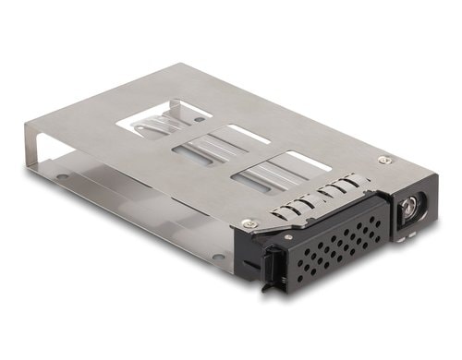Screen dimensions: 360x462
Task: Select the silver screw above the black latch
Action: (x=247, y=222)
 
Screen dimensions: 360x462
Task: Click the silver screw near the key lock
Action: (x=384, y=160)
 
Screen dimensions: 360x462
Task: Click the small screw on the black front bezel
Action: (x=288, y=238)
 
